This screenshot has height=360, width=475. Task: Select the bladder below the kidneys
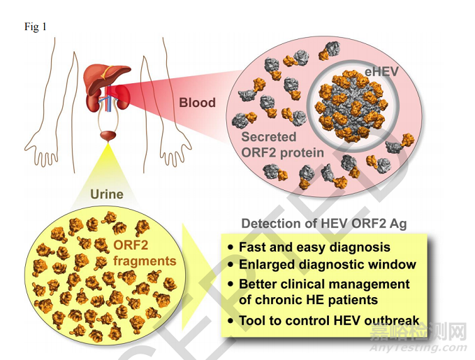point(108,134)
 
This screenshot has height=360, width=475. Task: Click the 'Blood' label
point(197,102)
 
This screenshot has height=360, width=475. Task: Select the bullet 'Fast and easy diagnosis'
point(314,247)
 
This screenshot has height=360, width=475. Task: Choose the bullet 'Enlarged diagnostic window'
point(327,265)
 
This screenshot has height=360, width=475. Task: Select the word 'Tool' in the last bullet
point(251,321)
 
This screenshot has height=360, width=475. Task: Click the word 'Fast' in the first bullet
point(252,247)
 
